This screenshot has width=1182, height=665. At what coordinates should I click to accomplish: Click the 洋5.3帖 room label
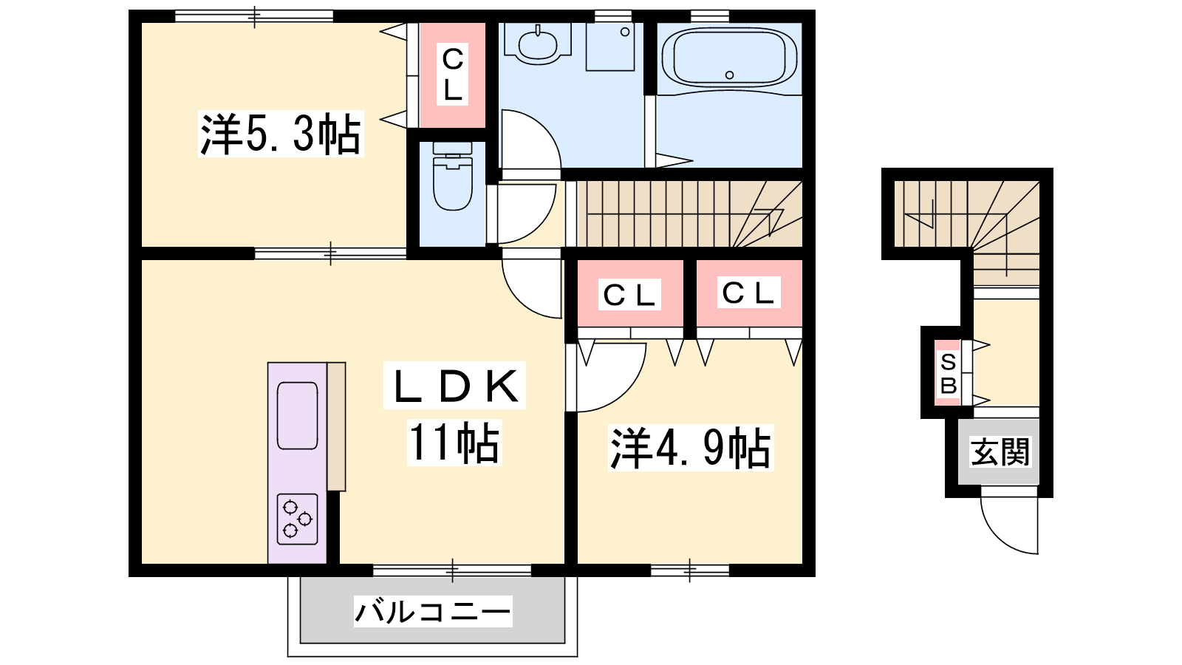coord(281,134)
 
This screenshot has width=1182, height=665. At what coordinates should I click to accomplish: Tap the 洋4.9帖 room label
coord(691,448)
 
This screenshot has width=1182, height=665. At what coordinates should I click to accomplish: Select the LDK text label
coord(454,385)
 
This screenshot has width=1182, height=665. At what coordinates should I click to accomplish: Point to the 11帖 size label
coord(454,443)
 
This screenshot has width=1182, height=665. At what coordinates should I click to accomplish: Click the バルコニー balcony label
coord(433,612)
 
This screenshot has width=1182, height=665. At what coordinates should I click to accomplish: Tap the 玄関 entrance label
coord(1000,451)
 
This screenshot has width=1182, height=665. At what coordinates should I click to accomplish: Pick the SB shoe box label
coord(949,374)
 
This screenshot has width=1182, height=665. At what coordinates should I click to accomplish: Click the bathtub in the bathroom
coord(729,58)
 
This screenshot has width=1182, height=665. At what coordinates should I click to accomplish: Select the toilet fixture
coord(452,177)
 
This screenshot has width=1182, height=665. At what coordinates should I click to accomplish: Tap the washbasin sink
coord(538,44)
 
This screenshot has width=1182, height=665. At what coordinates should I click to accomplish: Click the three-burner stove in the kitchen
coord(298,519)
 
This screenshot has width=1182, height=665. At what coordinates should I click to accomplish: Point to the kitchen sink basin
coord(298,416)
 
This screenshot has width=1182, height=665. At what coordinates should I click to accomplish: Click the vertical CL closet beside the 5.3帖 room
coord(452,75)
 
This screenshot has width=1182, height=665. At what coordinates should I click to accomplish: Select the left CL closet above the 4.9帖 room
coord(631,293)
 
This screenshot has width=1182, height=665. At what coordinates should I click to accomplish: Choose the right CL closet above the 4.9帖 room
coord(749,293)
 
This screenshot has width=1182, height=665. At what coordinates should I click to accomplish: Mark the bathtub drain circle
coord(729,75)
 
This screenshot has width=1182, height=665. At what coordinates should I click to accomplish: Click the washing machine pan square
coord(610,47)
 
